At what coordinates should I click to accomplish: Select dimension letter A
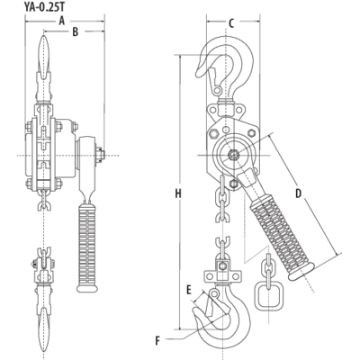(60, 19)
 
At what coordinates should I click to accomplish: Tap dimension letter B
(75, 31)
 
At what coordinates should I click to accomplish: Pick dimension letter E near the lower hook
(189, 292)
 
